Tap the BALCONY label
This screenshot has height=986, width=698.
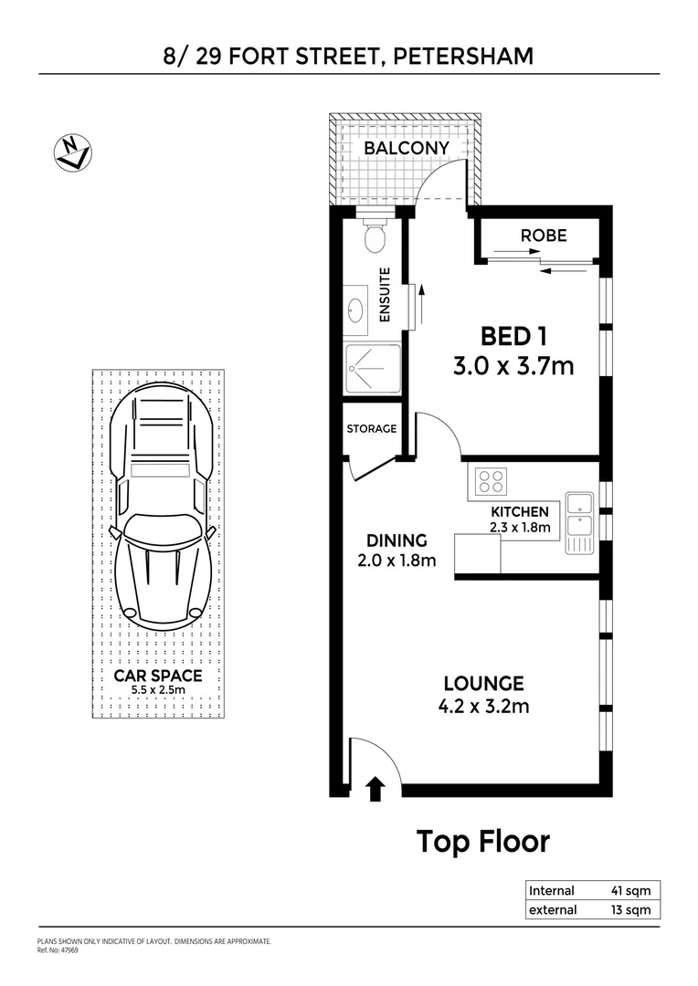[x=407, y=148]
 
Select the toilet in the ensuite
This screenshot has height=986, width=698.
[x=374, y=236]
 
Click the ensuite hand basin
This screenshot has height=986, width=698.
[x=356, y=309]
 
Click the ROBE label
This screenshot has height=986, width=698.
[x=544, y=236]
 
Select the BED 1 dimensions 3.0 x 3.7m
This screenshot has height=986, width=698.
[x=513, y=366]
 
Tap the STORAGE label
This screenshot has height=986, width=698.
[x=372, y=429]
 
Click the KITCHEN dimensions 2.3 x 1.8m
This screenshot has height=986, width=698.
[x=520, y=527]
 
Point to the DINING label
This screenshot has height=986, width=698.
[x=396, y=541]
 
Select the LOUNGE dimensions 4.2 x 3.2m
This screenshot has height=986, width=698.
[x=483, y=706]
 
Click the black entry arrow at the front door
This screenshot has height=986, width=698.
[x=375, y=789]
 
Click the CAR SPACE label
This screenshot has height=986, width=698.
[x=158, y=676]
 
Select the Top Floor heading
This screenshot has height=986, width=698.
[x=483, y=841]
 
